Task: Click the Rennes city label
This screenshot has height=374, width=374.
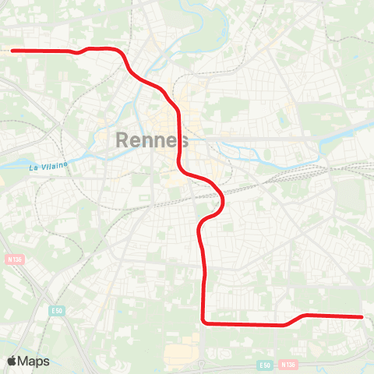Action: pos(152,141)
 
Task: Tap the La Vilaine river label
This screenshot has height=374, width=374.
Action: pos(48,164)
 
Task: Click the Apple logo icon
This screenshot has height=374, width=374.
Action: pos(12,361)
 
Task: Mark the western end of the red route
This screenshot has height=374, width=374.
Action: pos(12,51)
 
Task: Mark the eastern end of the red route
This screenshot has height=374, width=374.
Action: pos(362,316)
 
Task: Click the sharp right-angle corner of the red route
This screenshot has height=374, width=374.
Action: pos(203,321)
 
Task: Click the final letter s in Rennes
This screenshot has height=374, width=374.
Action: pos(183,141)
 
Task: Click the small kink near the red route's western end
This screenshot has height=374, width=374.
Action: pos(76,52)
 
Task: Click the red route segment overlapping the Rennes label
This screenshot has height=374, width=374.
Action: pos(181,141)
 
